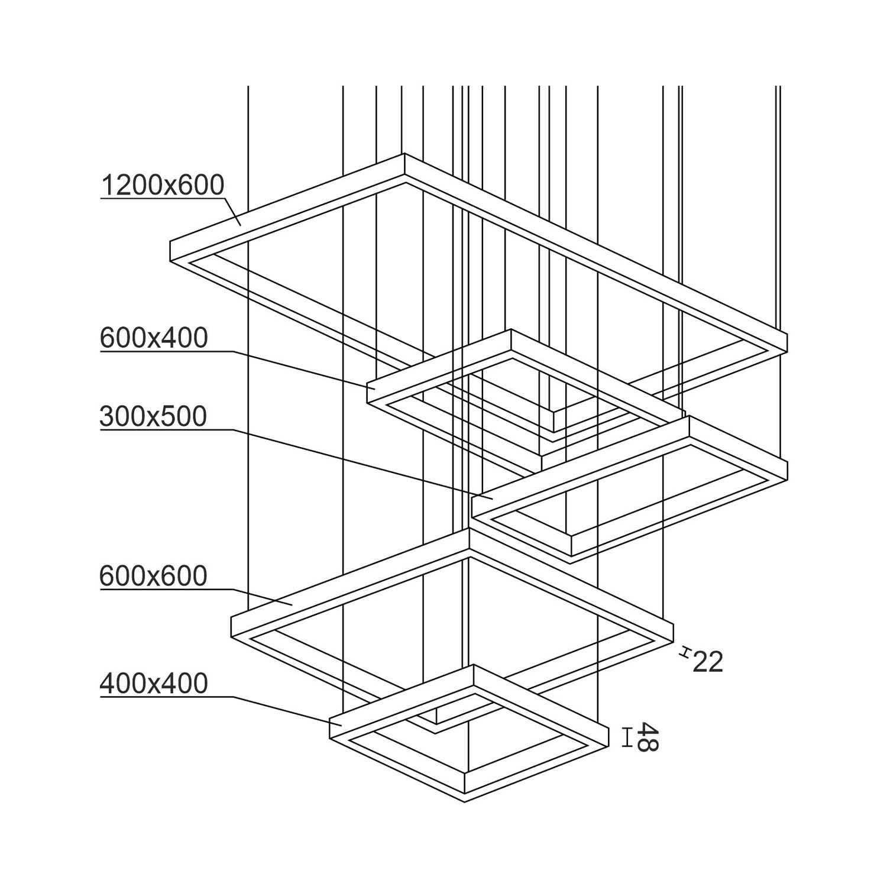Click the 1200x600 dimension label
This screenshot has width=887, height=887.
163,185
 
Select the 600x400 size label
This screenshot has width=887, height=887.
154,338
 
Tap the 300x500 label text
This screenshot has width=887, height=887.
153,416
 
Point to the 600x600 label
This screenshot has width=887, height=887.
153,576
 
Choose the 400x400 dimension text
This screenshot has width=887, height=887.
154,684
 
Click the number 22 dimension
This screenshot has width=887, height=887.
707,662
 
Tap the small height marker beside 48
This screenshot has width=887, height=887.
627,737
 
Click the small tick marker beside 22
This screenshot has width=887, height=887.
685,652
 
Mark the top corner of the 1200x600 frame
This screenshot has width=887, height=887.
405,154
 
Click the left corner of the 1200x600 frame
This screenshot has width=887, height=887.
171,241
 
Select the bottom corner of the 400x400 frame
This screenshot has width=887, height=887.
465,802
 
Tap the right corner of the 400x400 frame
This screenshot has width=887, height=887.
608,724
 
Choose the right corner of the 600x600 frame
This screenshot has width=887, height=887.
673,621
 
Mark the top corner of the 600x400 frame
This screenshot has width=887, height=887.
511,330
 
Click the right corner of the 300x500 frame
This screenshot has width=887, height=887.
787,459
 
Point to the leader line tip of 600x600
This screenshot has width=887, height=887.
293,604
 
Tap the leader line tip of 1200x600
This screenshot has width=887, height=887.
240,225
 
